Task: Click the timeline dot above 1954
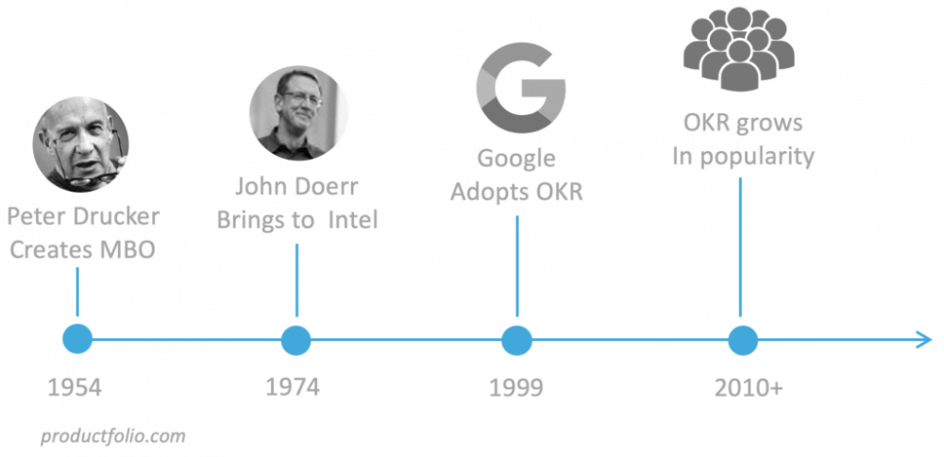pos(77,339)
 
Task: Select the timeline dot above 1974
pos(296,340)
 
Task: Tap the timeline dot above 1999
pos(516,340)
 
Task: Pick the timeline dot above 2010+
pos(742,340)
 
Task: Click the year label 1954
pos(75,388)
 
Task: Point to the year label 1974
pos(293,387)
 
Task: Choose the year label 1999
pos(516,388)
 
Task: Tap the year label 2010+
pos(749,388)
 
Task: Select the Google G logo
pos(521,88)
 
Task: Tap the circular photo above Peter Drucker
pos(80,144)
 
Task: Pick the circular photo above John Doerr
pos(298,113)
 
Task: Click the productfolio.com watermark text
pos(113,436)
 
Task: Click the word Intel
pos(353,220)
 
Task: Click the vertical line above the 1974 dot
pos(296,280)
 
